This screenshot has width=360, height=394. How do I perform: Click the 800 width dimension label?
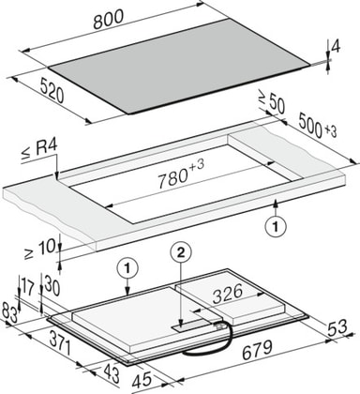pos(109,20)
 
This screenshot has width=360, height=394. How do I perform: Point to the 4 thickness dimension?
pos(336,47)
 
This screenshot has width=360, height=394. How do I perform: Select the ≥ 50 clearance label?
pos(272,101)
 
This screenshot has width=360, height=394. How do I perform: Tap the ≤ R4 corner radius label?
pos(39,150)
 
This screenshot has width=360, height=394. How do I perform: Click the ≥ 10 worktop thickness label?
pos(39,249)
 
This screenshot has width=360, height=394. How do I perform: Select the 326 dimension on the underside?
pos(228,294)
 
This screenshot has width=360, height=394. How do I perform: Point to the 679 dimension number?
pos(258,350)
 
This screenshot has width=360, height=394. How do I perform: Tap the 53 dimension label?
pos(337,326)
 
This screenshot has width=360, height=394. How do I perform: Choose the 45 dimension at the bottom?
pos(142,380)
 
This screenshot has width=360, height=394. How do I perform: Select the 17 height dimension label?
pos(27,287)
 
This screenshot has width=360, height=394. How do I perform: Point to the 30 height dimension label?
pos(52,286)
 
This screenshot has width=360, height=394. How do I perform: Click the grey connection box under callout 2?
pos(191,326)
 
